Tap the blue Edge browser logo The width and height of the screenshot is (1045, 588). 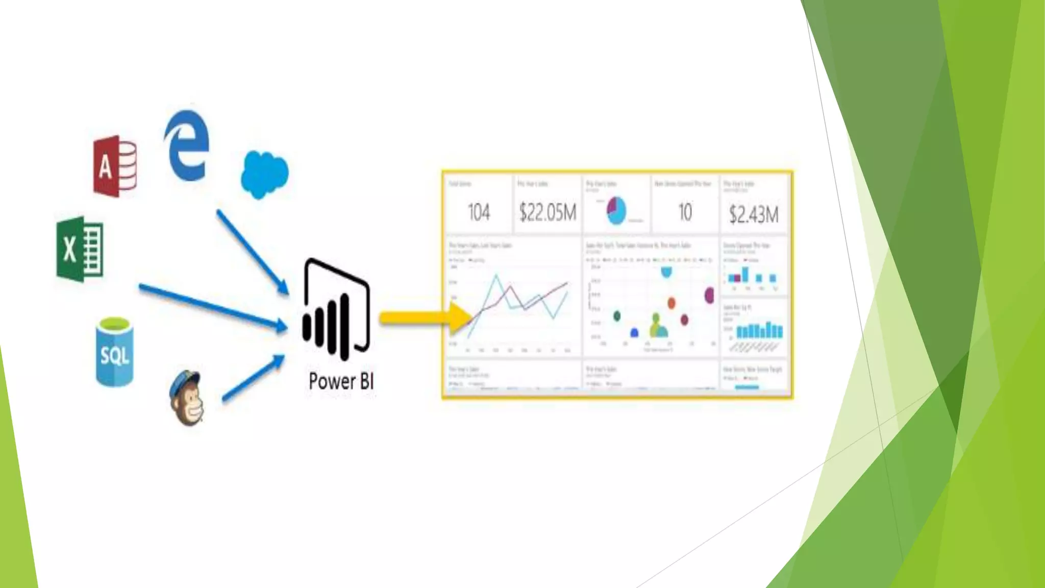(x=187, y=145)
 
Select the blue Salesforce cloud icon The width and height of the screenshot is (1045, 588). (x=264, y=174)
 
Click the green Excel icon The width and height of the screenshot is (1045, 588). (x=80, y=249)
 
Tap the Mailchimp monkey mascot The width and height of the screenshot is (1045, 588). (x=187, y=398)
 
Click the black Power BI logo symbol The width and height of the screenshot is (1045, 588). (x=336, y=309)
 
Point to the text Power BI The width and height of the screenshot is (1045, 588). (x=341, y=381)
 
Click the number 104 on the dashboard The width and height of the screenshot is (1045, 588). (x=479, y=212)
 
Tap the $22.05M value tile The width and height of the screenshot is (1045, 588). (x=548, y=212)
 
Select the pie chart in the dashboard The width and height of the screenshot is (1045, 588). (x=616, y=210)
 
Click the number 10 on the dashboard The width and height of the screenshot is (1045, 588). (x=685, y=212)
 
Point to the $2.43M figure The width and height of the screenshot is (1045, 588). (x=754, y=214)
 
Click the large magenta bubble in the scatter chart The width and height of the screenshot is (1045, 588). (x=709, y=295)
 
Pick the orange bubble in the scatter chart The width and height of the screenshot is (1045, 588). (x=671, y=303)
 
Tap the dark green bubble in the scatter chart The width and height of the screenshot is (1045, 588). (x=617, y=316)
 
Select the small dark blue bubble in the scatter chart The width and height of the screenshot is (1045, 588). (x=634, y=333)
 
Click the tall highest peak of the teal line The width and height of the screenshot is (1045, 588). (x=496, y=276)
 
